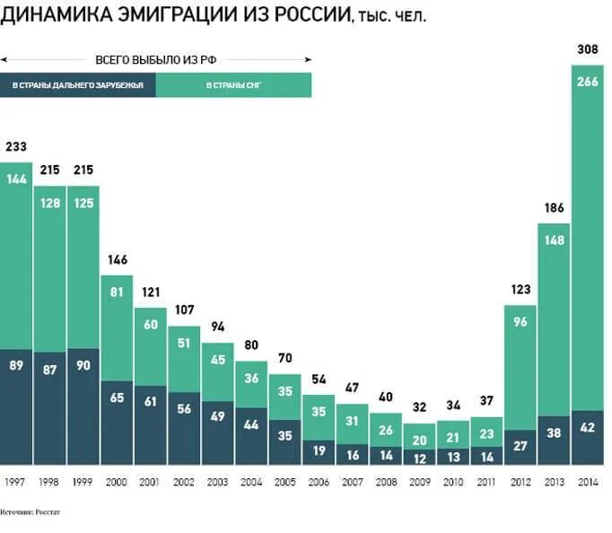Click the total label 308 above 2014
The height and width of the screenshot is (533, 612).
click(x=588, y=49)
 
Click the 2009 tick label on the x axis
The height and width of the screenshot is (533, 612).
click(x=419, y=482)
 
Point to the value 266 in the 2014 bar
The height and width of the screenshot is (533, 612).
click(x=588, y=82)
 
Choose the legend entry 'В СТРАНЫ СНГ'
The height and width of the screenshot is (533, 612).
click(x=233, y=85)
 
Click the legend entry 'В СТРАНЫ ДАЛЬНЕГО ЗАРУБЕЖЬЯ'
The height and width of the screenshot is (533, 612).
click(x=78, y=85)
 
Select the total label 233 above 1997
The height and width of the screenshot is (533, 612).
click(x=16, y=146)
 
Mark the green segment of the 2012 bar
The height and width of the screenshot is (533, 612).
click(x=520, y=368)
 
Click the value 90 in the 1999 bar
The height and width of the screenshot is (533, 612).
click(x=83, y=365)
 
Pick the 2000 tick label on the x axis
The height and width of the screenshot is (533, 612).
click(x=117, y=482)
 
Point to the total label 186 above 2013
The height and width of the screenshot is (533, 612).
click(x=555, y=208)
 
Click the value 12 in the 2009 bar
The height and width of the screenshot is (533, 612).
click(x=419, y=457)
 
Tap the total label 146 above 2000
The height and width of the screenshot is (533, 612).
click(x=118, y=260)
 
